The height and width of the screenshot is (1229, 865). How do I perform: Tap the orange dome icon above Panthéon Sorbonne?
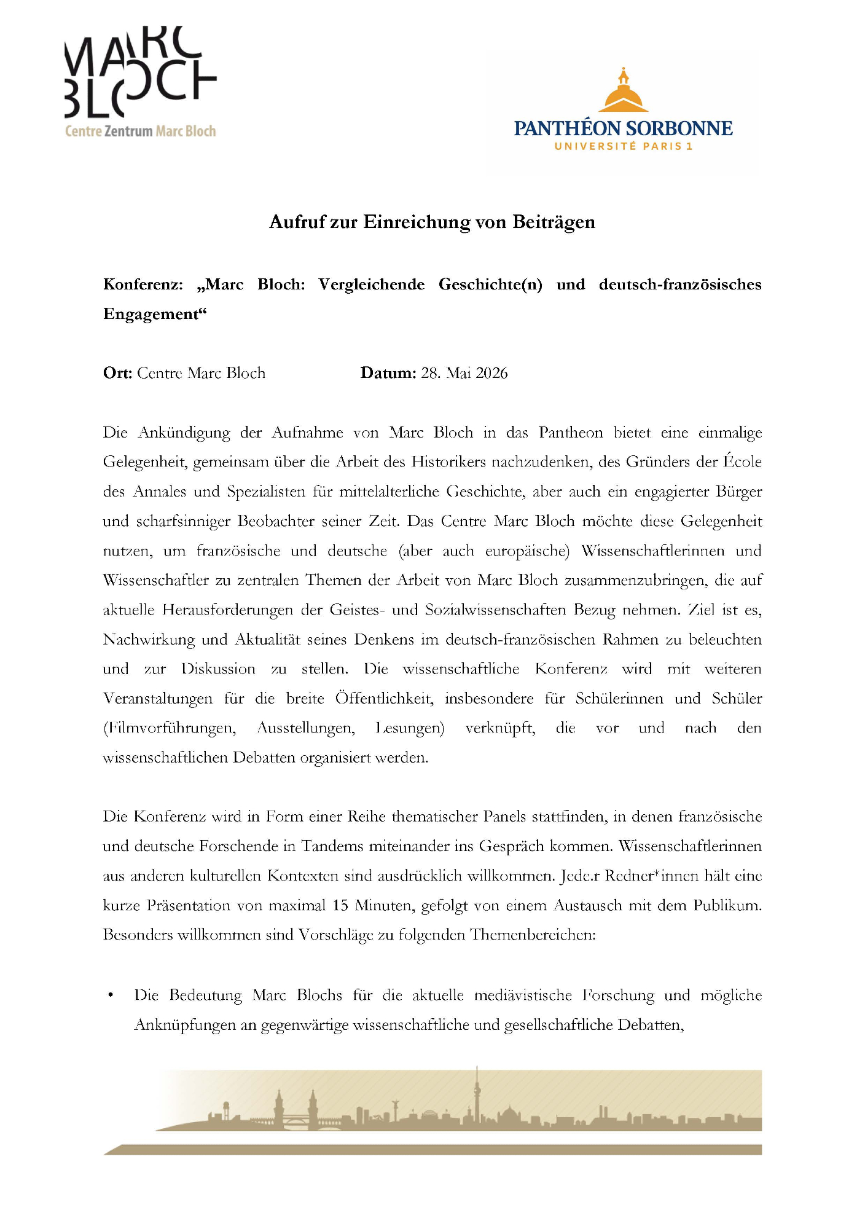click(x=624, y=92)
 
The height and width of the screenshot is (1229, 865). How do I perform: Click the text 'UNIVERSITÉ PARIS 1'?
click(x=623, y=146)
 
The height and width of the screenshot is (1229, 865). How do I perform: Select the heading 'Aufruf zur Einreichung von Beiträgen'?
click(x=432, y=222)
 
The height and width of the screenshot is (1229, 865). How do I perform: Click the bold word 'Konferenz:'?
click(x=143, y=285)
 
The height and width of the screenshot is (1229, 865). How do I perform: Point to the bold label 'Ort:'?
click(x=117, y=373)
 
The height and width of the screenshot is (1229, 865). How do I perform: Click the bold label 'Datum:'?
click(x=388, y=373)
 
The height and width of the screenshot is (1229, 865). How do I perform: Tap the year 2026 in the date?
click(x=491, y=373)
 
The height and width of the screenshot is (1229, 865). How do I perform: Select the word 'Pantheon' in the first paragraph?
click(x=571, y=433)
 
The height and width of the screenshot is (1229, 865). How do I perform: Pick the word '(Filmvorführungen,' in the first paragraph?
click(x=170, y=728)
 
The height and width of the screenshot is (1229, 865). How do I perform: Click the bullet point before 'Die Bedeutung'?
click(x=110, y=995)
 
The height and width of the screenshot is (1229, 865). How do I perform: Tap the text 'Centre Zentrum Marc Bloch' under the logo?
click(x=140, y=131)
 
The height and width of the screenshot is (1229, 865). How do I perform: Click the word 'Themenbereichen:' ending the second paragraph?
click(x=533, y=935)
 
